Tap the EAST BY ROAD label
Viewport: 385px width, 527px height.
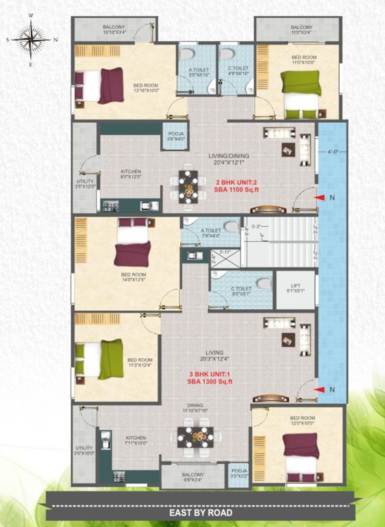click(201, 512)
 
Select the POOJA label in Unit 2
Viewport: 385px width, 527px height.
click(174, 137)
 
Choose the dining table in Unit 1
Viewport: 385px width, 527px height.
click(195, 436)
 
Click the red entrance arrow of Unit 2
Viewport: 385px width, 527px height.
click(321, 198)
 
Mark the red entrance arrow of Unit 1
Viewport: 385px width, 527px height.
click(321, 390)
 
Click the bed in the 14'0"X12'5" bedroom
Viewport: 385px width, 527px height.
click(132, 245)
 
